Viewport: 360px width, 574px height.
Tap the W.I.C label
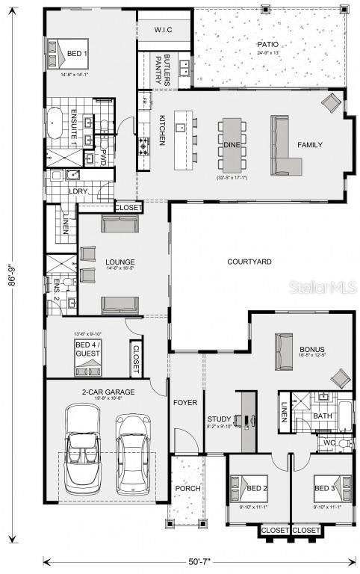164,30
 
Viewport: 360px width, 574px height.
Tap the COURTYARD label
249,262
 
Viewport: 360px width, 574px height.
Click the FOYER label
185,403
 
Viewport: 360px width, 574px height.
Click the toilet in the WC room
344,444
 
